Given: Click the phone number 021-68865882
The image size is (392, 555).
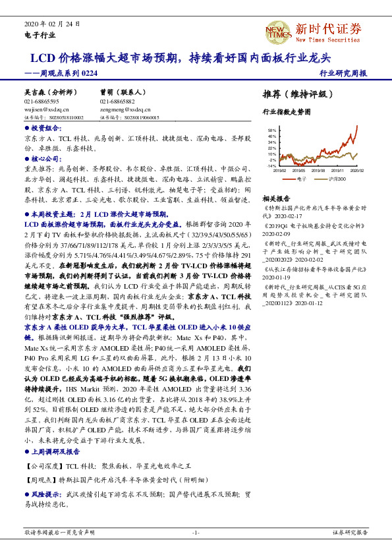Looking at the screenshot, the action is coord(117,102).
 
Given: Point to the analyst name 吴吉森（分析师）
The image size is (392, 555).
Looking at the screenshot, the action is coord(51,94).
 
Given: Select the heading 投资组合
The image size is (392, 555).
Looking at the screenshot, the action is coord(45,128).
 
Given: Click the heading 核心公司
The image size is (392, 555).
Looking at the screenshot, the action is coord(45,159).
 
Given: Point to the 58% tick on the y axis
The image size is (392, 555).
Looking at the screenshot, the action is coord(271,131).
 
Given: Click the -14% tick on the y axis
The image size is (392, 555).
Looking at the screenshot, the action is coord(271,165).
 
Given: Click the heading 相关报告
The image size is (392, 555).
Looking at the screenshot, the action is coord(276,198).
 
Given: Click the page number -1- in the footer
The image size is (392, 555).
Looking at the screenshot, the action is coord(196,532).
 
